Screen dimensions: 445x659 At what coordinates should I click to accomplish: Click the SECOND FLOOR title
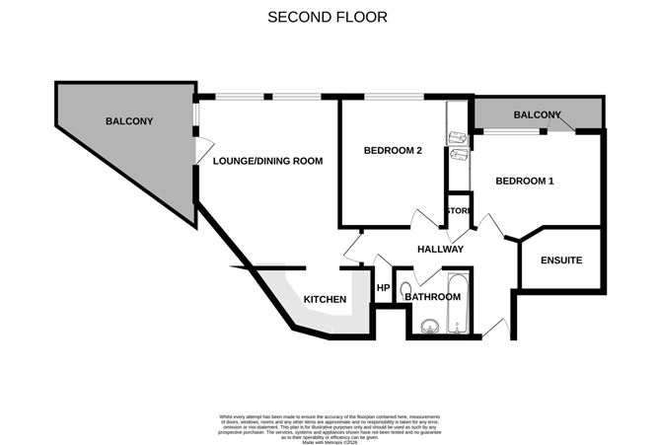pyautogui.click(x=329, y=17)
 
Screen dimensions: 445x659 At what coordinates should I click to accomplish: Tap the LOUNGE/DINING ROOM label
pyautogui.click(x=268, y=161)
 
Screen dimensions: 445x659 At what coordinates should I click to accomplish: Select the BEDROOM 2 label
pyautogui.click(x=393, y=151)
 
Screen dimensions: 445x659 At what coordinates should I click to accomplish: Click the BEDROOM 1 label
pyautogui.click(x=524, y=181)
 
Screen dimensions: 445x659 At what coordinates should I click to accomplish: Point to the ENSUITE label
pyautogui.click(x=560, y=260)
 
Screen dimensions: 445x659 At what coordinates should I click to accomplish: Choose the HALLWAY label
pyautogui.click(x=440, y=249)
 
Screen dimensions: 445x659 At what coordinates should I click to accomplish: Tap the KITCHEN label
pyautogui.click(x=325, y=299)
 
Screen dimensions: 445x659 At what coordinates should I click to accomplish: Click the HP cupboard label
pyautogui.click(x=383, y=288)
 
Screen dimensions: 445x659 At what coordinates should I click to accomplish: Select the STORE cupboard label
pyautogui.click(x=458, y=211)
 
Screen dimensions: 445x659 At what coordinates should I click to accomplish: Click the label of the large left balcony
pyautogui.click(x=129, y=121)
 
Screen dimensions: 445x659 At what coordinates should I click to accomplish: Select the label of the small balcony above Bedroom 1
pyautogui.click(x=537, y=115)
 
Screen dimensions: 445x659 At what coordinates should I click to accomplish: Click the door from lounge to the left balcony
pyautogui.click(x=203, y=152)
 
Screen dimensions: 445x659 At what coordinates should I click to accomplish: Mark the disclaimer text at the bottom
pyautogui.click(x=329, y=420)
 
